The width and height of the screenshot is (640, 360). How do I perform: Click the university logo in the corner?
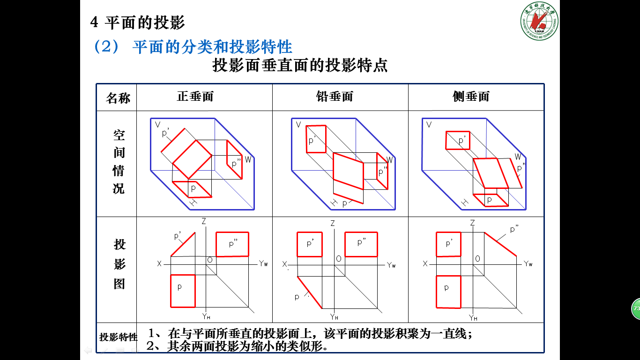point(539,21)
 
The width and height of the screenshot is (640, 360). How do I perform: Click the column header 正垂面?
point(195,97)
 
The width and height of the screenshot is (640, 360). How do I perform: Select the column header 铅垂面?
point(335,97)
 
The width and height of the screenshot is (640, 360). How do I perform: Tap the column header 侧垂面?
point(471,97)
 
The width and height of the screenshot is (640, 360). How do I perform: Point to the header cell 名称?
point(118,98)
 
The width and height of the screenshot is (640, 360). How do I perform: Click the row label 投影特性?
point(119,337)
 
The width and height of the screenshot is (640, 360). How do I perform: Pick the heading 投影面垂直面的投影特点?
point(300,65)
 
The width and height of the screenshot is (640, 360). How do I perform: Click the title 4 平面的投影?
point(137,22)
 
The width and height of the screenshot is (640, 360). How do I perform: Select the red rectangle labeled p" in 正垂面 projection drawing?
point(232,244)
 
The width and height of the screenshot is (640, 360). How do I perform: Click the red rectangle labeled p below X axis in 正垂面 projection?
point(182,291)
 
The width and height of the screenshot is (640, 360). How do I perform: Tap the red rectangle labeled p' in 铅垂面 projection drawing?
point(310,244)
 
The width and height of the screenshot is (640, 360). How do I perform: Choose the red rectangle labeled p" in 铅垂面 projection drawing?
point(361,244)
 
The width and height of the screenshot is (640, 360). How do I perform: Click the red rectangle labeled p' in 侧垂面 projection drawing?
point(448,244)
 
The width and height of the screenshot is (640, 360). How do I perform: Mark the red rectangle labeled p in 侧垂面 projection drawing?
point(448,292)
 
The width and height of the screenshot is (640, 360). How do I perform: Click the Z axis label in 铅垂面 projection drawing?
point(333,224)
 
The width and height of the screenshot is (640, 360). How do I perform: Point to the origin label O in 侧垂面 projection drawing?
point(477,259)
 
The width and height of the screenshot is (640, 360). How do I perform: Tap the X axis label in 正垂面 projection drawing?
point(159,264)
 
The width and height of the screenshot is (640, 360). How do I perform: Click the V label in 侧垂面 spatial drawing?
point(429,125)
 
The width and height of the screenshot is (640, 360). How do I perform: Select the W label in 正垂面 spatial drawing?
point(248,159)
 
